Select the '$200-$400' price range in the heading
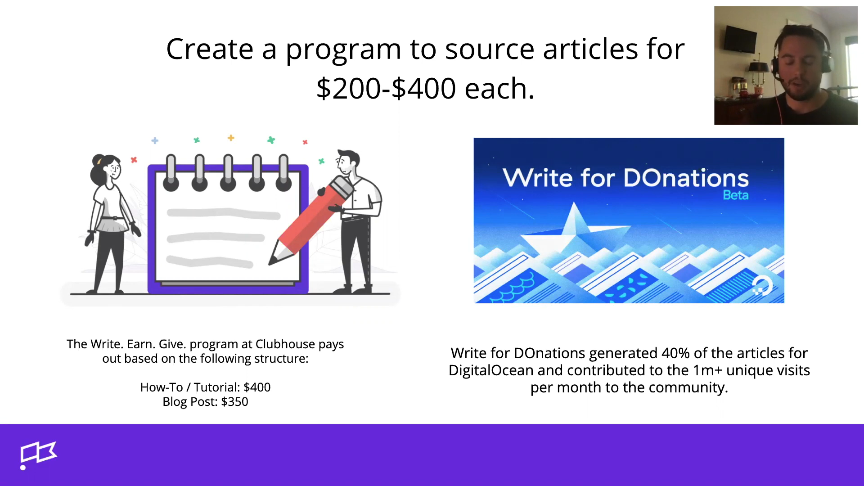coord(386,88)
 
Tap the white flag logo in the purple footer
coord(38,455)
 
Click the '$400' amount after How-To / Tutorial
coord(257,387)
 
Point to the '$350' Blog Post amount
coord(234,402)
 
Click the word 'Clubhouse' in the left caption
coord(285,344)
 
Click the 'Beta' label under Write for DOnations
coord(736,195)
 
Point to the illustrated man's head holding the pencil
coord(348,162)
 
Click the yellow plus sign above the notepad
coord(231,138)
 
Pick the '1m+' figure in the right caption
coord(707,370)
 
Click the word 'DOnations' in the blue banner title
coord(686,178)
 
